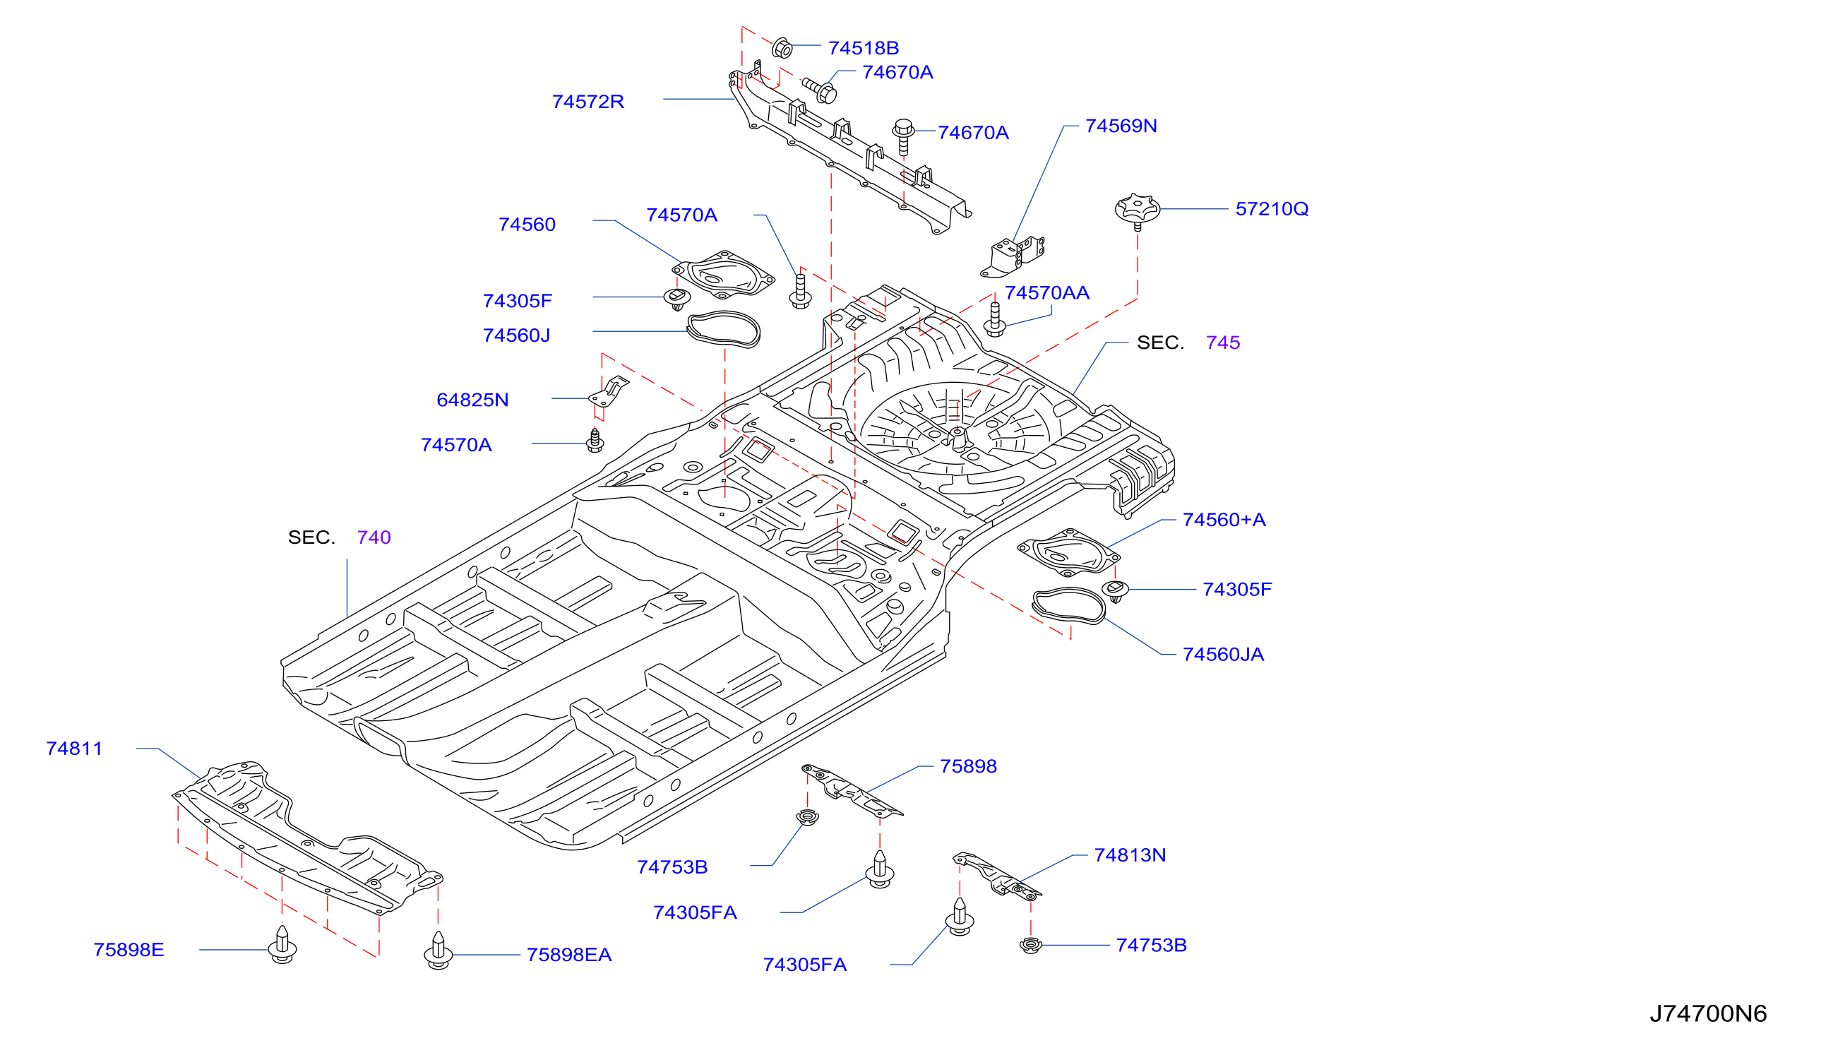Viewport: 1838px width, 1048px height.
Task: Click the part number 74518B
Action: (863, 47)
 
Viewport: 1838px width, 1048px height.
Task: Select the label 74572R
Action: (587, 102)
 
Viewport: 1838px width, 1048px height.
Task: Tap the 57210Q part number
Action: (1272, 209)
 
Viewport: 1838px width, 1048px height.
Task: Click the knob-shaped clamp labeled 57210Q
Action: (1137, 210)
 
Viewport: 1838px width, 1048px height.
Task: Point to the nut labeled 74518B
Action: (782, 48)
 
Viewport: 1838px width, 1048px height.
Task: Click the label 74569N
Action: (1121, 126)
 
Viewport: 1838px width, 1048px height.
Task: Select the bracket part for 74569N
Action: (1013, 256)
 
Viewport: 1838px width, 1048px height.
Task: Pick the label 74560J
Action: (516, 335)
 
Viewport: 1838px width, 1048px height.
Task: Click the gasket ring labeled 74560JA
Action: (1068, 606)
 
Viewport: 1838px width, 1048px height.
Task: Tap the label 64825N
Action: (472, 400)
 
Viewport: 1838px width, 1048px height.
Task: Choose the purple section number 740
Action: (374, 537)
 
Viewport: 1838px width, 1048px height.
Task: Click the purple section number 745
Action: (1223, 343)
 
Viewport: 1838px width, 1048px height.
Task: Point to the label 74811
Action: (73, 749)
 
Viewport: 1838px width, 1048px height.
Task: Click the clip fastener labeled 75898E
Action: (282, 944)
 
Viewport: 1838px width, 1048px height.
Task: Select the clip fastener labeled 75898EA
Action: (438, 951)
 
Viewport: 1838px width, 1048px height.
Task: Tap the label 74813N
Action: (1129, 855)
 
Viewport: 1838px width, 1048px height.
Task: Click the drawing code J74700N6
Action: (1708, 1013)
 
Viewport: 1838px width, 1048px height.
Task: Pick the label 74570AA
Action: (1046, 293)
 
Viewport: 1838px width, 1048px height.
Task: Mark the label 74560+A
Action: (1224, 520)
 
